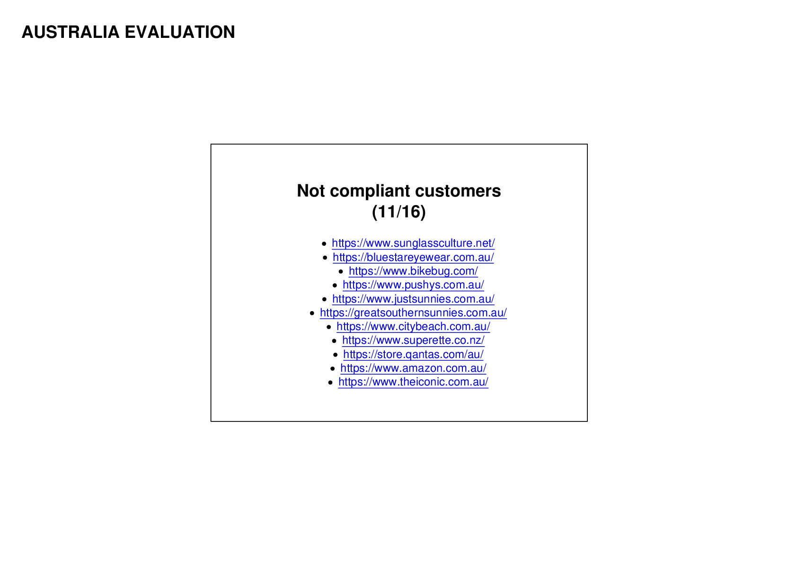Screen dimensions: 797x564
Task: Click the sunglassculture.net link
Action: pos(413,243)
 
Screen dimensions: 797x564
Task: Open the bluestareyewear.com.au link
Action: pos(413,257)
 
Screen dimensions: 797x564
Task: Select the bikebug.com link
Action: pos(413,271)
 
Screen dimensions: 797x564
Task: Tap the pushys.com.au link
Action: pos(413,285)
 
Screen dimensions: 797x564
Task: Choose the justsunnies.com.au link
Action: pos(413,299)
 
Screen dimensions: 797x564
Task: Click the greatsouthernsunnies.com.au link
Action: pos(413,313)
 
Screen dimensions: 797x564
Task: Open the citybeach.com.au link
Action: pos(413,326)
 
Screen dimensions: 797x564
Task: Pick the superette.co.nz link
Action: pos(413,340)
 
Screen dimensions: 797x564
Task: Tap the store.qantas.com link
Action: pos(413,354)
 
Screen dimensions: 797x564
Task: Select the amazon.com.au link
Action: pos(413,368)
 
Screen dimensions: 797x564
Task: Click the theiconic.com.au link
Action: pos(413,382)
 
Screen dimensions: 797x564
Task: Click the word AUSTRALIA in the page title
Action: pos(71,32)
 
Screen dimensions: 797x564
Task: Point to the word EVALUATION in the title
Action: pos(180,32)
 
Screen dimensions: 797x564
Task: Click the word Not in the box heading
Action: pos(310,191)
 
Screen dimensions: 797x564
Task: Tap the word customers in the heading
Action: pos(458,191)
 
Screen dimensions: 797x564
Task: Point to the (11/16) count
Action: pos(399,212)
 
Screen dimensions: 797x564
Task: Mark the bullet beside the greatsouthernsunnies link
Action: pos(312,313)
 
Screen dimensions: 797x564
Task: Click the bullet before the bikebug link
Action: pos(341,272)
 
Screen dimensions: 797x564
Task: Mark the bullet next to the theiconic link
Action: pos(330,383)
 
